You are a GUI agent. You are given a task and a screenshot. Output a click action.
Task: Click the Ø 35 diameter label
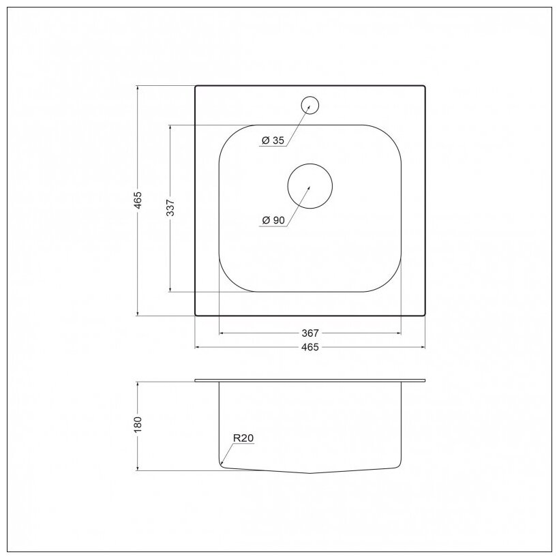click(273, 140)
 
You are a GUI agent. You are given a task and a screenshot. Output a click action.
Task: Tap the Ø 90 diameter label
click(274, 220)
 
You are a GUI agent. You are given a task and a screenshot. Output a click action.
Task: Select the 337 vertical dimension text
click(170, 208)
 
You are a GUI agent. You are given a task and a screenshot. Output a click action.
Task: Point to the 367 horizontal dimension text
click(309, 333)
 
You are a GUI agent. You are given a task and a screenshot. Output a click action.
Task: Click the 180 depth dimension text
click(138, 425)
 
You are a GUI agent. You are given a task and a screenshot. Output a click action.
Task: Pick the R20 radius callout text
click(243, 438)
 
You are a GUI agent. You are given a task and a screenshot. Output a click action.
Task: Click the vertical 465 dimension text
click(138, 200)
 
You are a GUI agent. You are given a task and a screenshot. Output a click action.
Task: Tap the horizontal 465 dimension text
click(309, 347)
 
